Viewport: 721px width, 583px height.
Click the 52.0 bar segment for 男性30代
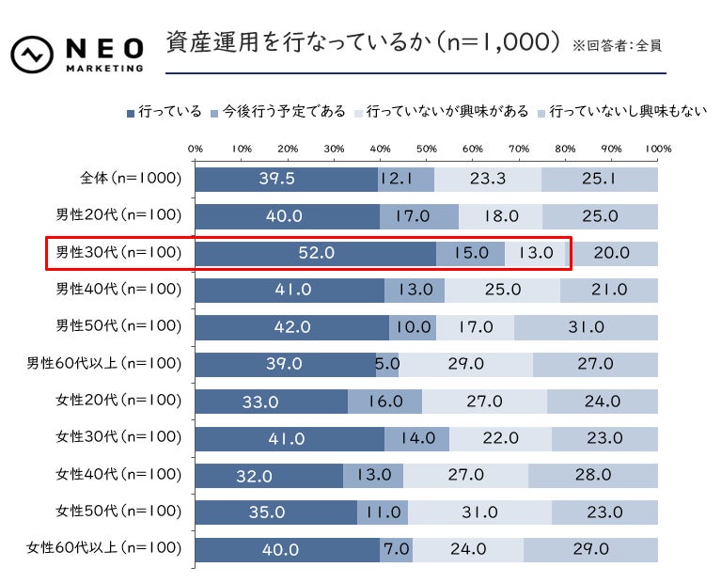pyautogui.click(x=316, y=253)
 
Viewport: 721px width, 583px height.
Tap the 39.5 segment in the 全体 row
pyautogui.click(x=287, y=179)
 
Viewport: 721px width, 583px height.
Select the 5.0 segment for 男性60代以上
pyautogui.click(x=387, y=364)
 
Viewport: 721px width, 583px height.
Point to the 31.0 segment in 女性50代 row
pyautogui.click(x=479, y=512)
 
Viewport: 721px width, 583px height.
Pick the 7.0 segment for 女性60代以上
pyautogui.click(x=396, y=549)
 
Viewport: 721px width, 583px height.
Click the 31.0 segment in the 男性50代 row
pyautogui.click(x=587, y=327)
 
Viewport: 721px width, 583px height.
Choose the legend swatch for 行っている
pyautogui.click(x=130, y=113)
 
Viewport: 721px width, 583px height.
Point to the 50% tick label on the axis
pyautogui.click(x=426, y=149)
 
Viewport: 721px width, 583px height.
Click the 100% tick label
pyautogui.click(x=657, y=149)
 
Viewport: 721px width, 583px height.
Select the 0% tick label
pyautogui.click(x=196, y=149)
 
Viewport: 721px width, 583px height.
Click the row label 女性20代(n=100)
pyautogui.click(x=118, y=401)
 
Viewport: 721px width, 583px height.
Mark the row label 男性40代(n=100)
pyautogui.click(x=118, y=290)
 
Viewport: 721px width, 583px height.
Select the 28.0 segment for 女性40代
pyautogui.click(x=593, y=475)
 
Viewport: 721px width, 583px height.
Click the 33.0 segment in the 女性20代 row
pyautogui.click(x=271, y=402)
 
